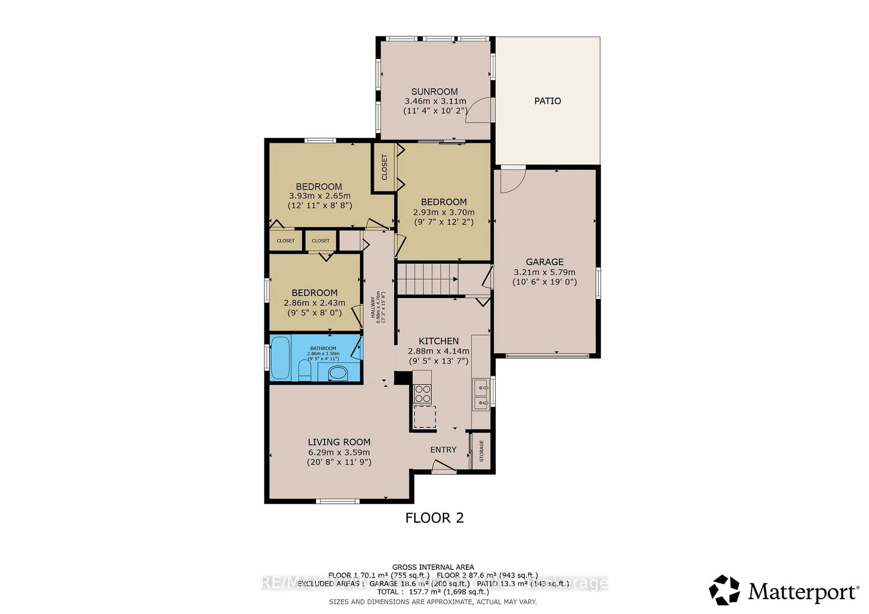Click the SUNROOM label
click(x=434, y=92)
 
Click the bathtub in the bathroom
click(x=280, y=358)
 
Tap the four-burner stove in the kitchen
click(x=422, y=393)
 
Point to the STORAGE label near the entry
click(x=481, y=451)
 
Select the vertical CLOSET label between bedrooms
click(x=384, y=167)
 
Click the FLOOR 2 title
click(x=434, y=518)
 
